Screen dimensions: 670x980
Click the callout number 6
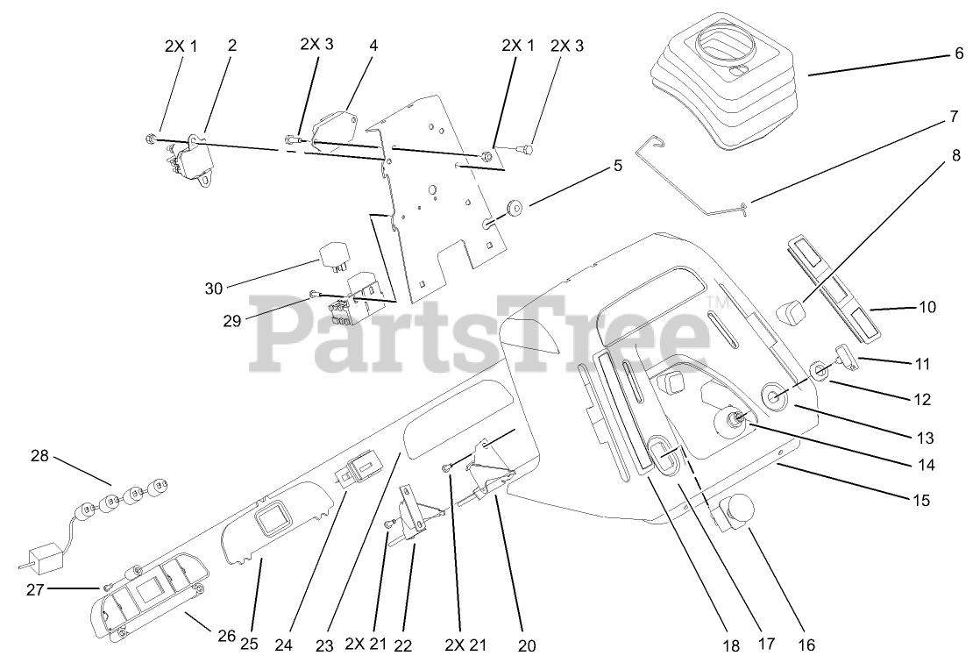[958, 53]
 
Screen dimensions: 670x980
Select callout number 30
[215, 288]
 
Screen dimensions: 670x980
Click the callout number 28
[40, 456]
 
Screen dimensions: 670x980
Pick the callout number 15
[920, 501]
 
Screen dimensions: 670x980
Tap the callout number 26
[226, 636]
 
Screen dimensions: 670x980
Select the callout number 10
[927, 307]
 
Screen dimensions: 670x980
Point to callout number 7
[952, 116]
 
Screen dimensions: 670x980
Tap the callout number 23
[324, 646]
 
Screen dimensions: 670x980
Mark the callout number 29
[232, 321]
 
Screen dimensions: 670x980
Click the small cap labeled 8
[792, 311]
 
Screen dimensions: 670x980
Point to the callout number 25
[249, 645]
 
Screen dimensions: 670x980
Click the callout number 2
[231, 44]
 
